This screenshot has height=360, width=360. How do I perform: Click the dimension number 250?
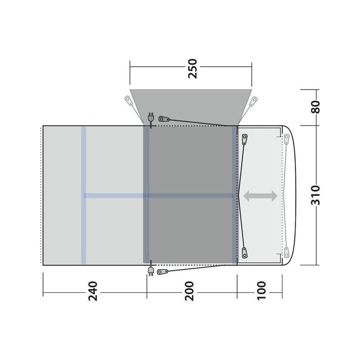click(192, 68)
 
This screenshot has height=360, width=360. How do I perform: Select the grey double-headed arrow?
click(260, 195)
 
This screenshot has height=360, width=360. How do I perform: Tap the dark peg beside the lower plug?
click(163, 272)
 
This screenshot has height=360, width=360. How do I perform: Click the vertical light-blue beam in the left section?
click(83, 196)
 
